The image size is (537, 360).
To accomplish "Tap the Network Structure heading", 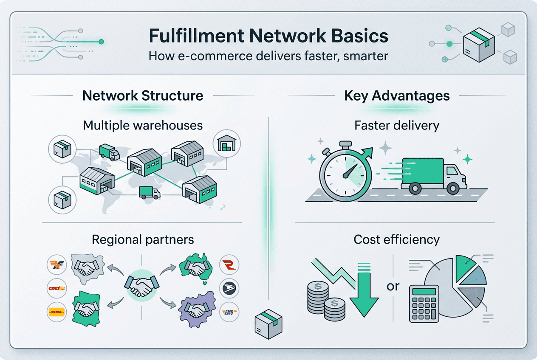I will pos(143,95).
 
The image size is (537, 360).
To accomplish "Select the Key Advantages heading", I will pos(397,95).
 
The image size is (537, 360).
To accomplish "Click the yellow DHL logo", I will pos(57,312).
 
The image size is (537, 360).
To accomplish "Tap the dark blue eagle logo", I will pos(229,289).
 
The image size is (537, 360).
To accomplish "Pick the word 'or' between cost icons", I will pos(393,286).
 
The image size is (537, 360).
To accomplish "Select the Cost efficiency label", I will pos(396,239).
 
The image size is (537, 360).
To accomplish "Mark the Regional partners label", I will pos(143,239).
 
